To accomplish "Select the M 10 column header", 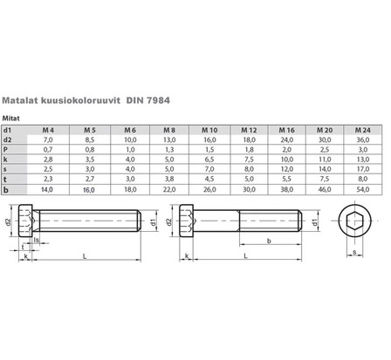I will click(209, 128).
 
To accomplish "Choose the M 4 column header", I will click(49, 128).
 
